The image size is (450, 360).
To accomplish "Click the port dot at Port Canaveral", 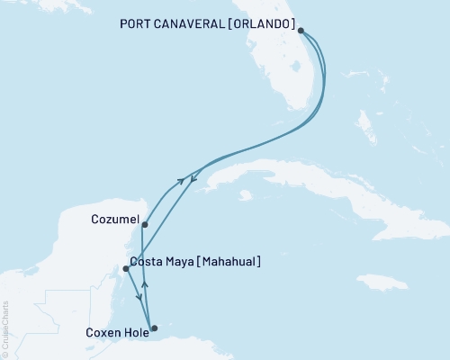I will click(301, 31).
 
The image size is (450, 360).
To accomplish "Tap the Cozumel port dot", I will click(144, 225).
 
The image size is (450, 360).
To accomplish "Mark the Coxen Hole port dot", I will click(154, 328).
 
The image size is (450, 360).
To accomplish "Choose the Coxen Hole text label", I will click(109, 330).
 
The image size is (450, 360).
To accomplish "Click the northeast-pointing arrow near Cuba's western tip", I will click(181, 181).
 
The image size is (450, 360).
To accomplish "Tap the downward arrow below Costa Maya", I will click(139, 298).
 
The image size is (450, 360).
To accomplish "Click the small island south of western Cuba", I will click(245, 193).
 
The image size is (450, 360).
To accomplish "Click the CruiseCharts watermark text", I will click(5, 328).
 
